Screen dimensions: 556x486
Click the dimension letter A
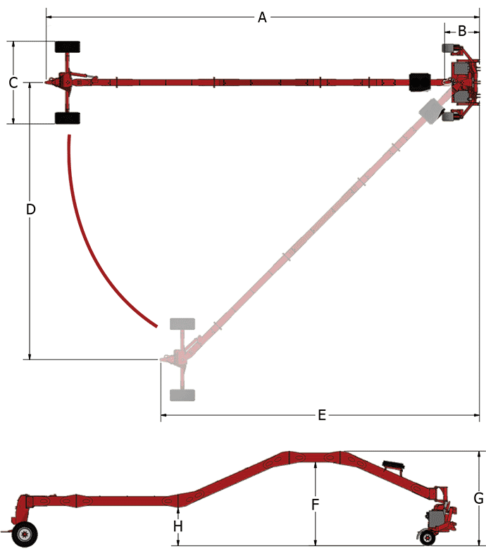(x=262, y=17)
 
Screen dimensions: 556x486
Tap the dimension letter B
(x=462, y=30)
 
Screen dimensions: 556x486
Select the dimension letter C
(x=13, y=82)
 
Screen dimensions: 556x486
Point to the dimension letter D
(x=30, y=209)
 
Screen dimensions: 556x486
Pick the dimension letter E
(x=322, y=415)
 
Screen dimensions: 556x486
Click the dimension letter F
(x=316, y=505)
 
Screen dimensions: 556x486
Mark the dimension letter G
(x=478, y=498)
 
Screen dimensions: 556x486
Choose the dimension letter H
(x=178, y=526)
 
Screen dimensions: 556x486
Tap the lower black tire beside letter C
(x=68, y=118)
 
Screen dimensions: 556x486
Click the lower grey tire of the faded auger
(x=182, y=395)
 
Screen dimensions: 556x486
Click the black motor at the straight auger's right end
(x=420, y=81)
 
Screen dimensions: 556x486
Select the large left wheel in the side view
(x=27, y=533)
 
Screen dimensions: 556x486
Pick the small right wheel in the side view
(x=427, y=539)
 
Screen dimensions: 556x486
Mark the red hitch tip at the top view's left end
(x=50, y=82)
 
